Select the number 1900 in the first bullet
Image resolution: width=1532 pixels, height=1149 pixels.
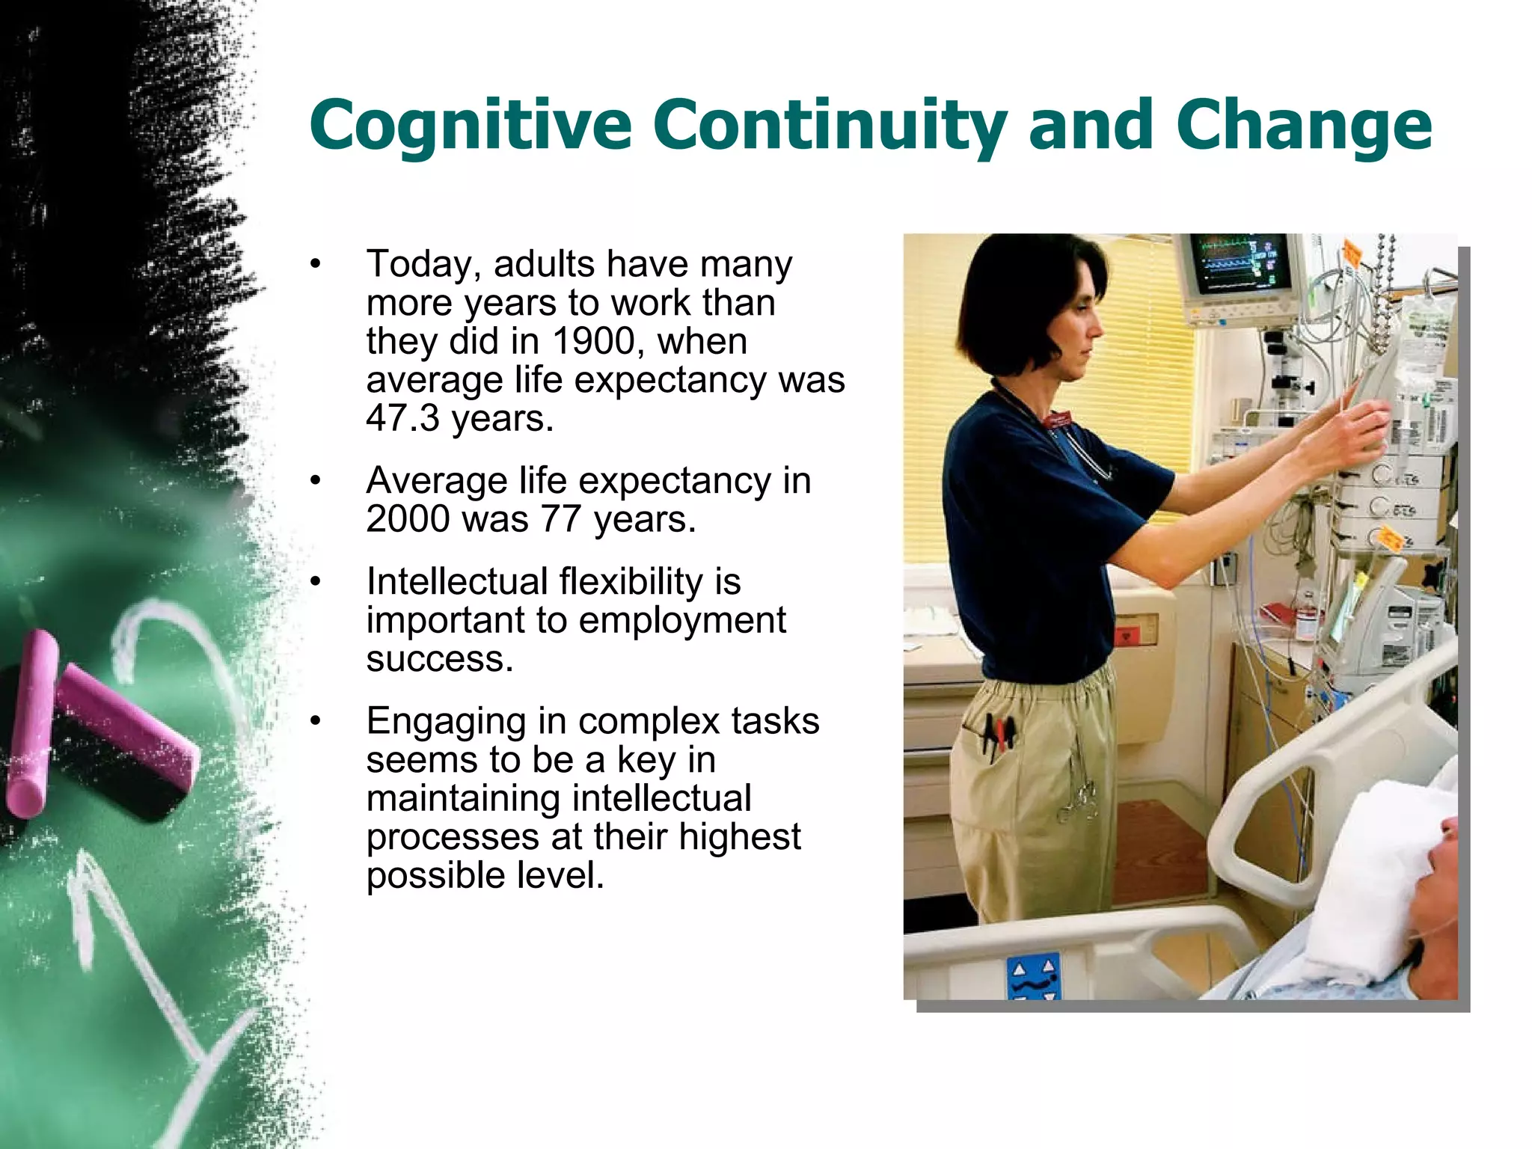593,341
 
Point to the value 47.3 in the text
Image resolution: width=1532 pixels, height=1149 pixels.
402,418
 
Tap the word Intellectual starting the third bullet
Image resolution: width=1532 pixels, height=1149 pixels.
456,581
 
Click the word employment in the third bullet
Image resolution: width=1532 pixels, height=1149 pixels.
681,620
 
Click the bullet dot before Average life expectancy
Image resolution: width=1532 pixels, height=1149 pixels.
316,482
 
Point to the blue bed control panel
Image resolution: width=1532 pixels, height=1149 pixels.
1033,977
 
